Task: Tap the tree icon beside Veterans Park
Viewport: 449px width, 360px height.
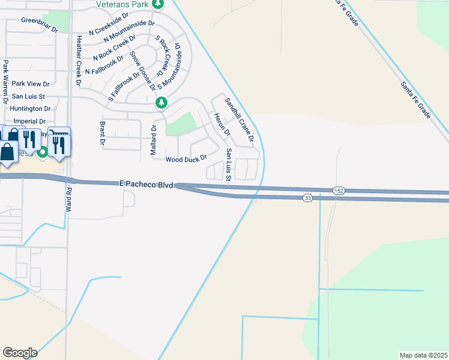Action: [x=157, y=5]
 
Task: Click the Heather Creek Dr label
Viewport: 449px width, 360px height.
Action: [x=79, y=59]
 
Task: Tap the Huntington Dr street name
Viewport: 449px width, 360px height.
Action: [x=31, y=109]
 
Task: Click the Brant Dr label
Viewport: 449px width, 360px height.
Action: [x=102, y=133]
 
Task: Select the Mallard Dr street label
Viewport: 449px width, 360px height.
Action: [x=153, y=140]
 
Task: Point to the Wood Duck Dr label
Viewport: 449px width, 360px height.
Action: [x=186, y=159]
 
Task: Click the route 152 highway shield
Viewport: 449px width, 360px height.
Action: [x=340, y=190]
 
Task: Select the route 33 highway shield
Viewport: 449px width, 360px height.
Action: [x=307, y=199]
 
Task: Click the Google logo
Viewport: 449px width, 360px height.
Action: [x=20, y=353]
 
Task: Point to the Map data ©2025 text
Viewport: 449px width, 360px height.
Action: [x=423, y=355]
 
